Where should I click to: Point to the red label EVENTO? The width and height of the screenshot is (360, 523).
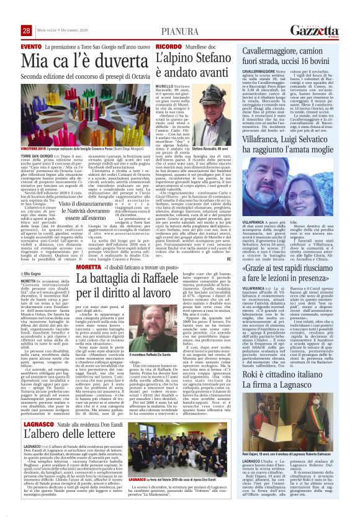[x=31, y=47]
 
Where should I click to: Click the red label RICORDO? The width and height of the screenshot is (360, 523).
[x=168, y=47]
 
